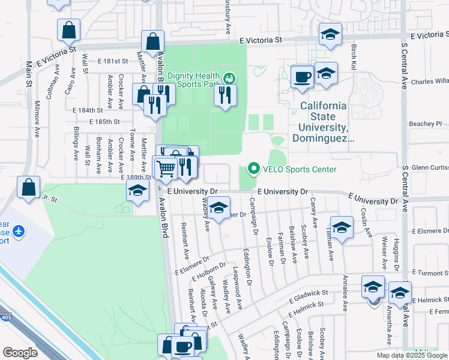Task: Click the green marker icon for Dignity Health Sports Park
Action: pos(229,78)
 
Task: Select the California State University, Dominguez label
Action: pos(323,122)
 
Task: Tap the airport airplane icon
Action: pos(18,230)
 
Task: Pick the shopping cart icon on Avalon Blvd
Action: pos(166,167)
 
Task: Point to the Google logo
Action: pos(20,352)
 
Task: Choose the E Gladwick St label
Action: pos(309,295)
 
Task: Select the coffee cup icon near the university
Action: pos(301,77)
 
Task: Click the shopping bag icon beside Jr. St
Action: pos(28,188)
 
